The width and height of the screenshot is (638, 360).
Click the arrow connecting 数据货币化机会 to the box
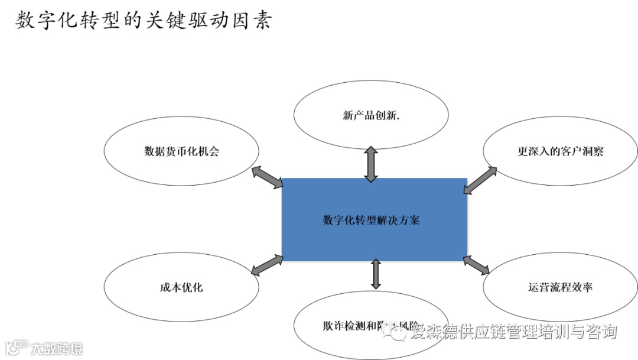(x=268, y=178)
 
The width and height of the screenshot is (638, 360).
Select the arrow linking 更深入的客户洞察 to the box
(x=480, y=180)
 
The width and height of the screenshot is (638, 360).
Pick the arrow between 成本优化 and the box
(x=267, y=264)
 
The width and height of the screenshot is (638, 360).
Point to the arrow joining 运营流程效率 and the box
(x=476, y=265)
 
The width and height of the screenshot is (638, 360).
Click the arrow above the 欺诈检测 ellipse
(x=375, y=273)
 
